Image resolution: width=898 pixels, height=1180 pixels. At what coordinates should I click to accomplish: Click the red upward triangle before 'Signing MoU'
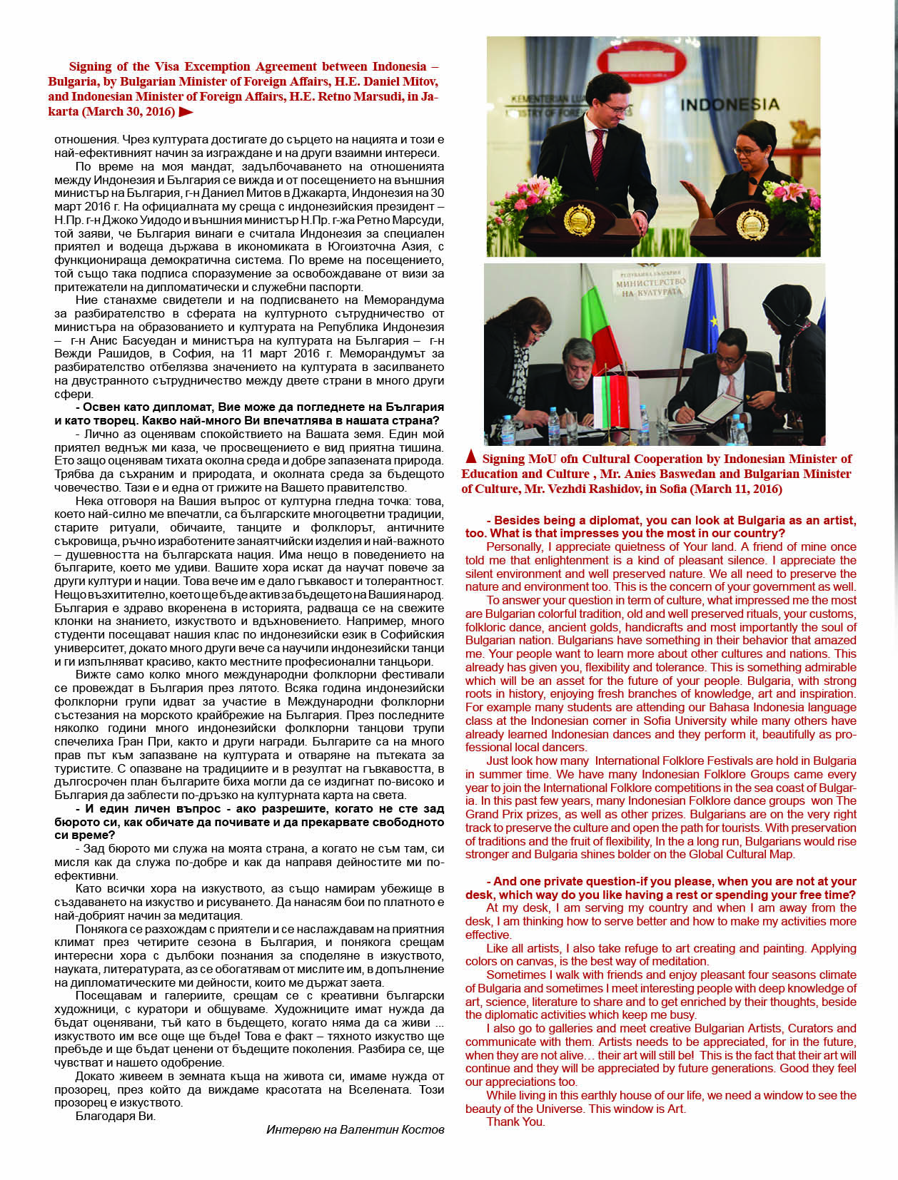click(470, 457)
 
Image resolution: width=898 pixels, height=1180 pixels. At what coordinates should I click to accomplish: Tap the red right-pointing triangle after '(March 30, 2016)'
click(186, 111)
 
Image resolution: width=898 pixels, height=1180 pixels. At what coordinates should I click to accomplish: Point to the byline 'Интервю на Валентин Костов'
click(355, 1129)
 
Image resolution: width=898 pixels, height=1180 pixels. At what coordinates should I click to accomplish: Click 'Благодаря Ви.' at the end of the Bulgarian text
click(115, 1116)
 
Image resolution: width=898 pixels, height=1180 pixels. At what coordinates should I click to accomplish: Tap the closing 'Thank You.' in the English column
click(515, 1121)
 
